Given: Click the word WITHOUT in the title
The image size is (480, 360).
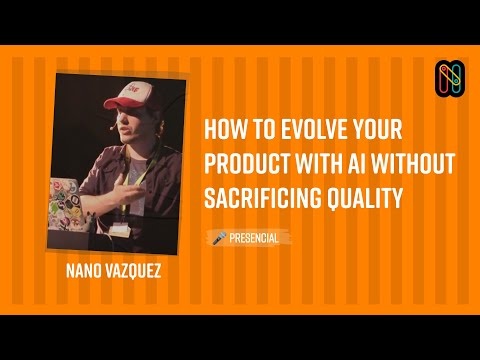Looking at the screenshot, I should tap(418, 163).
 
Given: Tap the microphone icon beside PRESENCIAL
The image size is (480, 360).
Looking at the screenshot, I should tap(218, 238).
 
